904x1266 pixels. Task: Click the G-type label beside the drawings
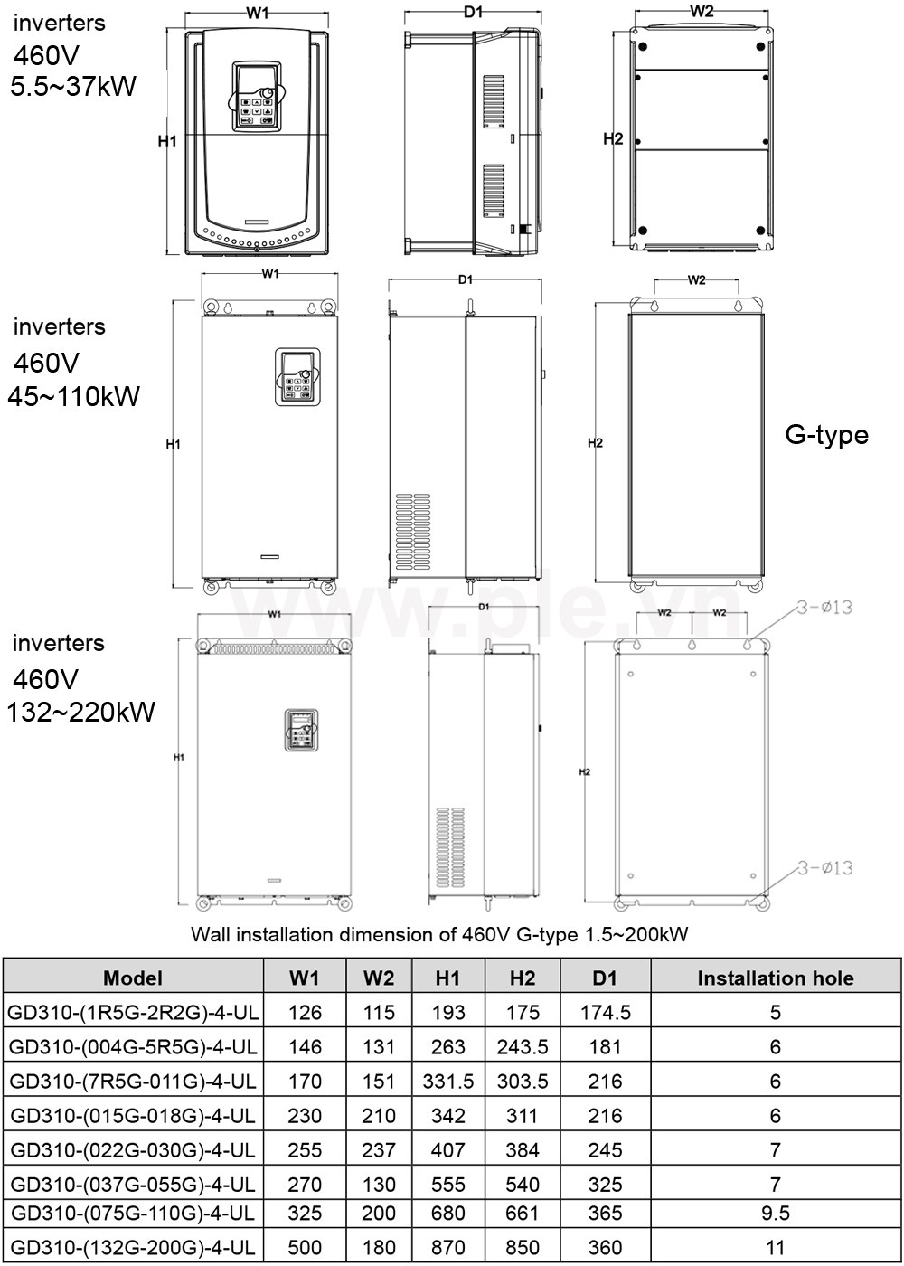pos(826,435)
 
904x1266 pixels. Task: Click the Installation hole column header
pos(775,978)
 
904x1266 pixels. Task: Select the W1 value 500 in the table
pos(305,1247)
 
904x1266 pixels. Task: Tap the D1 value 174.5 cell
pos(605,1012)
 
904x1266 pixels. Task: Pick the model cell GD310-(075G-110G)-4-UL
pos(132,1213)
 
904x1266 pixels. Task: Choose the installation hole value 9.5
pos(775,1213)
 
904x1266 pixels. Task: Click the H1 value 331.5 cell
pos(448,1081)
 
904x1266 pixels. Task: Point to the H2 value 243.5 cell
pos(523,1046)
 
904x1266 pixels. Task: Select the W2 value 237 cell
pos(379,1149)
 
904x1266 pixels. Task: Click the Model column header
pos(133,978)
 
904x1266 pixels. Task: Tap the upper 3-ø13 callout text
pos(824,608)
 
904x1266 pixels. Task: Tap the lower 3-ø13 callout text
pos(824,868)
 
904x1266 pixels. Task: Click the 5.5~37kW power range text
pos(72,87)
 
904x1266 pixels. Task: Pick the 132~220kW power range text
pos(80,712)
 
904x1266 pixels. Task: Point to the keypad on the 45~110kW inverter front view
pos(297,379)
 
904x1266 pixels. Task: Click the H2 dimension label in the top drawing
pos(613,139)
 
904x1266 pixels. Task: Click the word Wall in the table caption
pos(210,935)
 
